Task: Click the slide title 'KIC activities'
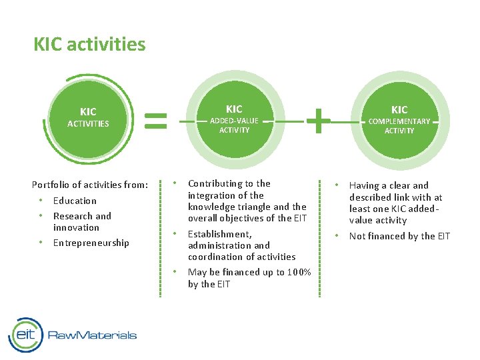click(x=89, y=45)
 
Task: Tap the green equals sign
click(x=156, y=120)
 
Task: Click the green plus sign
click(x=318, y=121)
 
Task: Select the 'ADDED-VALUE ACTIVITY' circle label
click(x=234, y=125)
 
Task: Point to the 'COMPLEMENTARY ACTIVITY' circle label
click(x=399, y=126)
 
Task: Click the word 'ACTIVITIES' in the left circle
click(x=88, y=123)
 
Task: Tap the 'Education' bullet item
click(x=75, y=201)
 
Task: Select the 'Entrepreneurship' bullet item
click(x=91, y=243)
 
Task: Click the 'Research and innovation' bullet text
click(x=82, y=221)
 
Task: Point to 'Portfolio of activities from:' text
click(x=90, y=185)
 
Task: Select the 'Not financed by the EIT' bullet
click(x=399, y=236)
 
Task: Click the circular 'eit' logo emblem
click(x=25, y=335)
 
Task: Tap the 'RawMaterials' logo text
click(x=92, y=335)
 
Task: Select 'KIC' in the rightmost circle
click(x=399, y=110)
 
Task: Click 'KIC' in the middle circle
click(x=234, y=109)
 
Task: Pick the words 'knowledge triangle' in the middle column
click(x=229, y=207)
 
